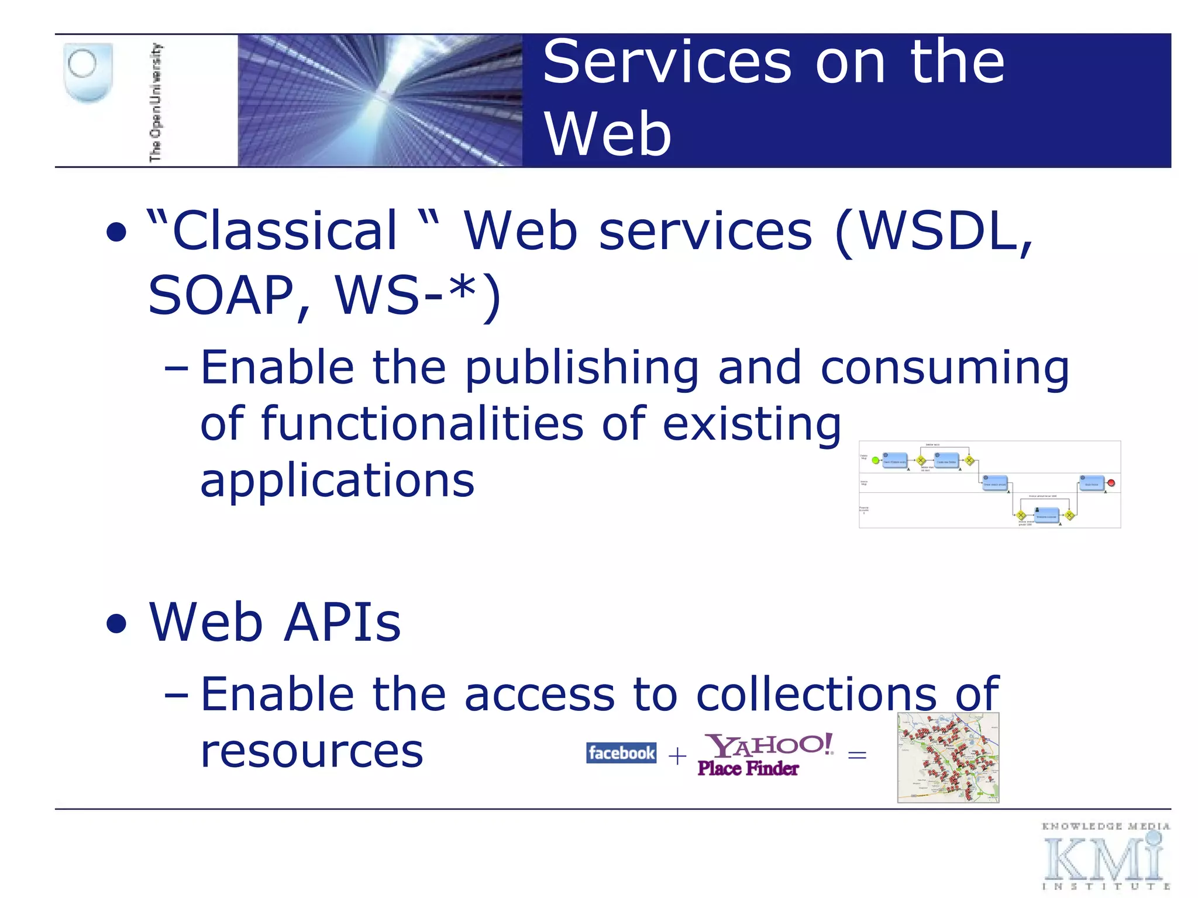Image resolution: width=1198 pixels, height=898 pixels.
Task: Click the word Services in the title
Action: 667,62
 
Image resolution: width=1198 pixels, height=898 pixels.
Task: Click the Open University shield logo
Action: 88,72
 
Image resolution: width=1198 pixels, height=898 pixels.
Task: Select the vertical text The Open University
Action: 156,102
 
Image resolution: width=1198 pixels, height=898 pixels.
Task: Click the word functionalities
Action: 421,424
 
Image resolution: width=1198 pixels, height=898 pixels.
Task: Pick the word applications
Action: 337,481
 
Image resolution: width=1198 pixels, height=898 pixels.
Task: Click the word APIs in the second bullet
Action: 343,622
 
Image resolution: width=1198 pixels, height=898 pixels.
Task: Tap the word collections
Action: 816,695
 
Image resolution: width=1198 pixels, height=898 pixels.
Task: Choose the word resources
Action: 311,751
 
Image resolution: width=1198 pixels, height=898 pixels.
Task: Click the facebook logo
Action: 621,753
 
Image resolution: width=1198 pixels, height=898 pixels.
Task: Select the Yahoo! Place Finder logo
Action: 763,755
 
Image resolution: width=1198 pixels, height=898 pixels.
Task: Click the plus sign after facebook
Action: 677,757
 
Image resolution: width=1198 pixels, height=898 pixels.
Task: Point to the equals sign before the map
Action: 857,755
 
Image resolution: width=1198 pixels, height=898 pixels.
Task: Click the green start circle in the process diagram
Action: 875,461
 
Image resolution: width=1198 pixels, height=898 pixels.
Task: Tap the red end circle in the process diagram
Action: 1111,483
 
